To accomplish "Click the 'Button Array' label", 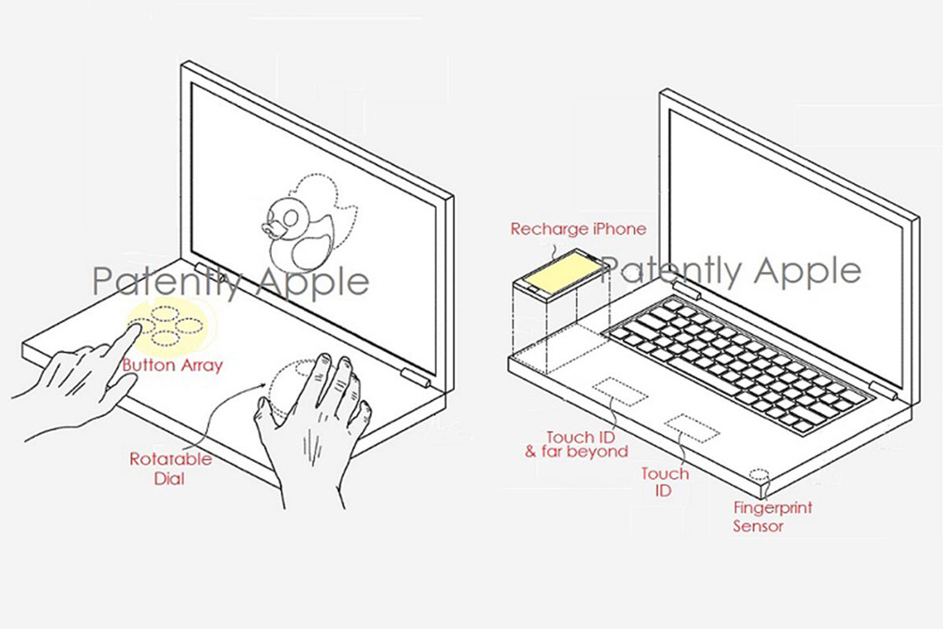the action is point(172,365).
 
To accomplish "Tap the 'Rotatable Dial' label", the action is point(171,469).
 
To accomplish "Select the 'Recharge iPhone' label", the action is point(578,229).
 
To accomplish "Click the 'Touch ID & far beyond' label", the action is point(576,444).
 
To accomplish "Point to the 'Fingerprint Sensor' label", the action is point(772,517).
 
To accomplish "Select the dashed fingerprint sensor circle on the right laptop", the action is point(758,475).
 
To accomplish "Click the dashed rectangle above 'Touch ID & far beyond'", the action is point(620,392).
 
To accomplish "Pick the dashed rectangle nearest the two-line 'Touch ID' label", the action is point(692,429).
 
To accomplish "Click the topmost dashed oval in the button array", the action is point(166,314).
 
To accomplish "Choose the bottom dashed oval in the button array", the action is point(166,337).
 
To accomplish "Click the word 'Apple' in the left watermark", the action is point(314,281).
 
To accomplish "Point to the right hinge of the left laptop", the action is point(415,378).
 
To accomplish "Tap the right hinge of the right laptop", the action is point(882,392).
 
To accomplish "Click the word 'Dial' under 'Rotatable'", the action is point(169,479).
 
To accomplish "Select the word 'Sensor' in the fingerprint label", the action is point(758,526).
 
